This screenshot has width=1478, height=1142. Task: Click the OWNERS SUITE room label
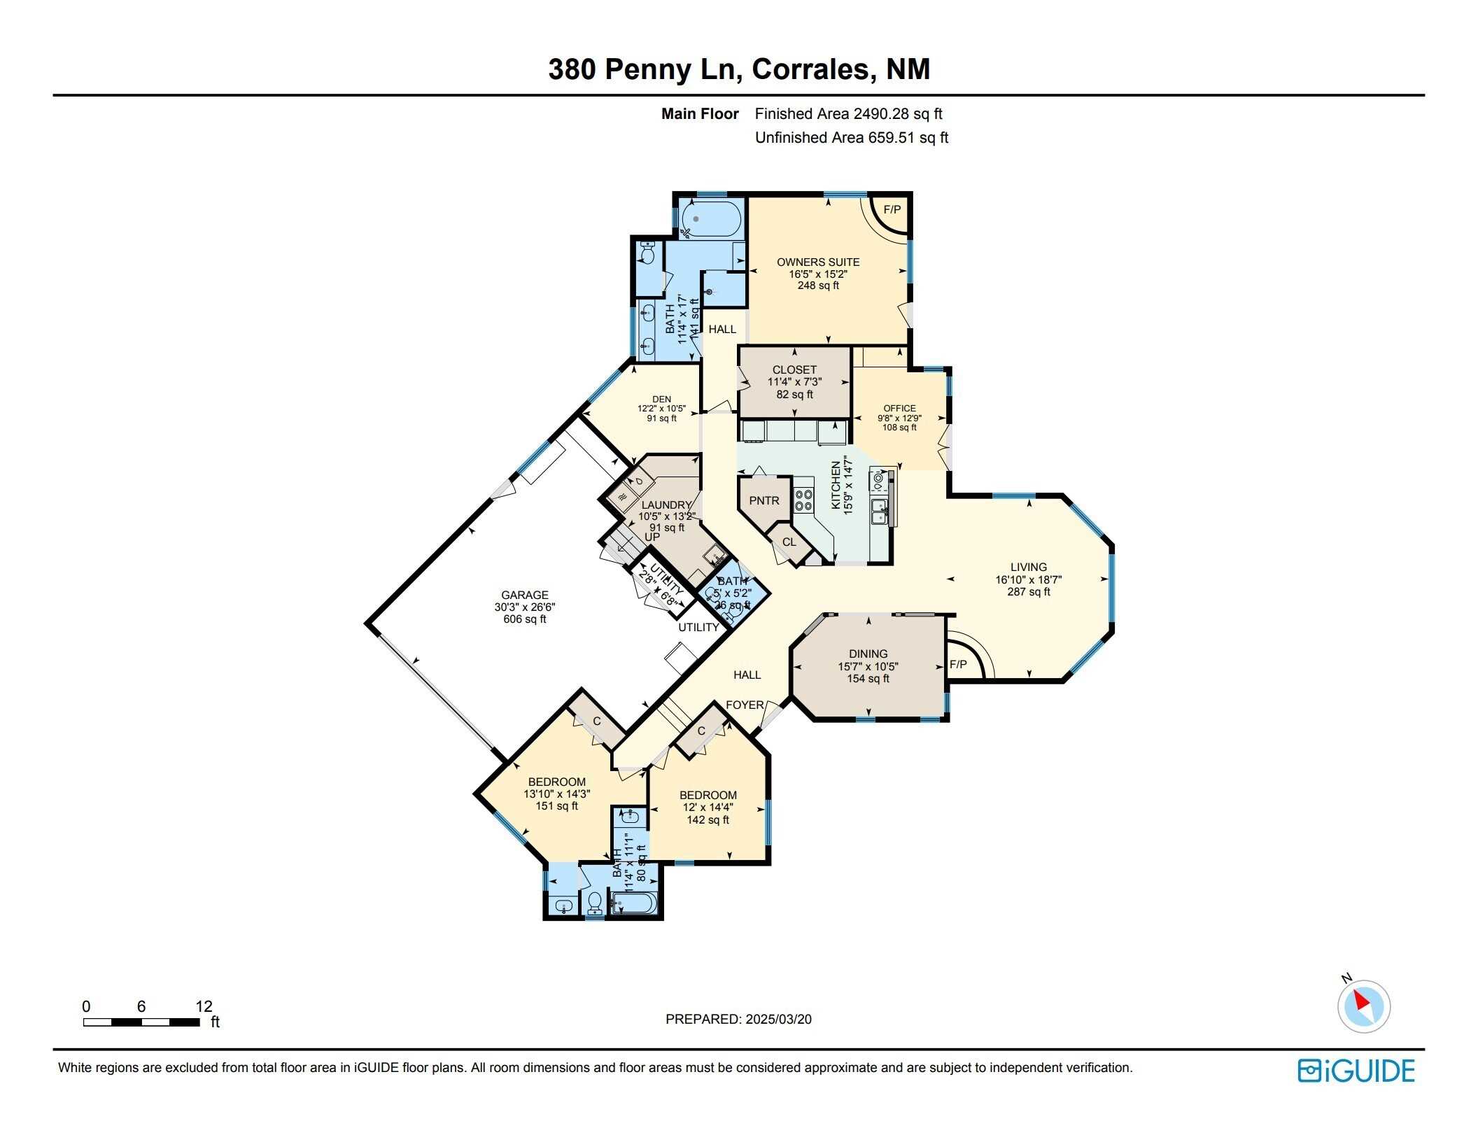tap(817, 262)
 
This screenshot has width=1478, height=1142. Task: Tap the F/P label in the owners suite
tap(892, 209)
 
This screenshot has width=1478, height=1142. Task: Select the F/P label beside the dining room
tap(958, 664)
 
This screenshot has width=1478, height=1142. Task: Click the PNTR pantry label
tap(763, 500)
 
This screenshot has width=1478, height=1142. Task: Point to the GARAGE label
tap(524, 595)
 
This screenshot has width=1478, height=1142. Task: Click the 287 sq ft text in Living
tap(1028, 591)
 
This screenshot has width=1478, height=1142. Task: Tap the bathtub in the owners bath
tap(710, 218)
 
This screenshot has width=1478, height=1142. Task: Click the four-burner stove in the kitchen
tap(803, 500)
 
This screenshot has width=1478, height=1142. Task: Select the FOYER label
tap(745, 705)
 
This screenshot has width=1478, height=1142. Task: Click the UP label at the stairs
tap(652, 537)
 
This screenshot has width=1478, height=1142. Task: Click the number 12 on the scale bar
tap(204, 1006)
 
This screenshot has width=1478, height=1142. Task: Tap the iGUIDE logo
tap(1356, 1071)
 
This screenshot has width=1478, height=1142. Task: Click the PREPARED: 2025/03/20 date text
tap(738, 1019)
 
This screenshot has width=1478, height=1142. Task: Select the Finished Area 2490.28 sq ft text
tap(848, 113)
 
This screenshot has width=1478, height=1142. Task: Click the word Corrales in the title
tap(812, 69)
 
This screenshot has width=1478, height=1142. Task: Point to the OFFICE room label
tap(899, 408)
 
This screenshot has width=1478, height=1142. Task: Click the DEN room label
tap(661, 399)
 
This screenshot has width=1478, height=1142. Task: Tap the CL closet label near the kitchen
tap(789, 542)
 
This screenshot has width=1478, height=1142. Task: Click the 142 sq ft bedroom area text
tap(708, 819)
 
